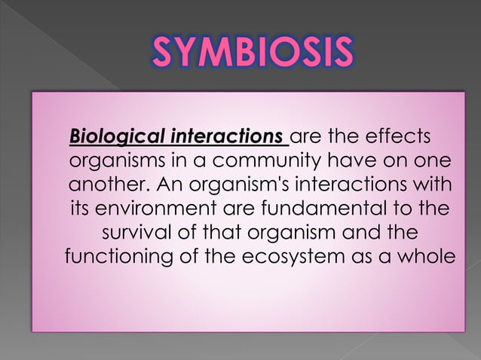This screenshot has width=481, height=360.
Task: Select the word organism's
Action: tap(233, 185)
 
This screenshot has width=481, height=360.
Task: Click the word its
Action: tap(81, 209)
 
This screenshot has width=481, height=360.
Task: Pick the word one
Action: tap(434, 162)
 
